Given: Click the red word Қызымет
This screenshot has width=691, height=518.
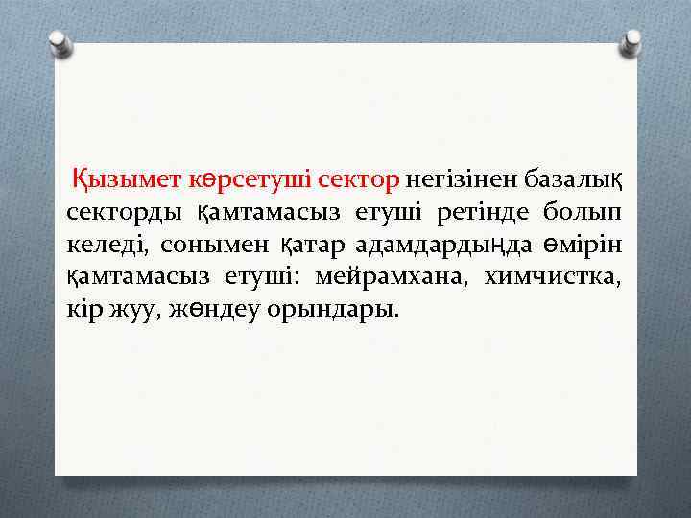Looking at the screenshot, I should (x=117, y=178).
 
